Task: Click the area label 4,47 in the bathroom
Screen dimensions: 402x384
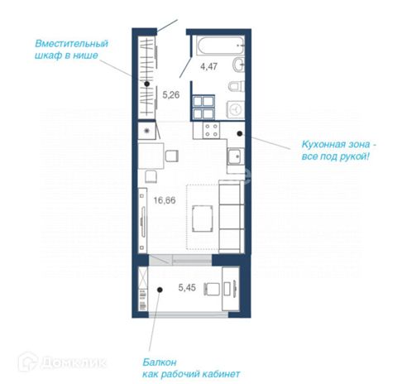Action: (208, 66)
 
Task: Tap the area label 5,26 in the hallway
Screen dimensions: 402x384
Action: (171, 95)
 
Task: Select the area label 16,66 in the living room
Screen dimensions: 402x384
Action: (165, 200)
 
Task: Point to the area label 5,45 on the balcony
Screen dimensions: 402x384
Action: (187, 287)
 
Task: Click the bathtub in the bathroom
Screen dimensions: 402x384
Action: (221, 46)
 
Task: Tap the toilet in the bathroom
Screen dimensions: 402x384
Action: (237, 86)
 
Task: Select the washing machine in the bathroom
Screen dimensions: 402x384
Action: (236, 109)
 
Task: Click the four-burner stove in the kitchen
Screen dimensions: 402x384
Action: (211, 130)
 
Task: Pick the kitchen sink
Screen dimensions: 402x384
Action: (236, 156)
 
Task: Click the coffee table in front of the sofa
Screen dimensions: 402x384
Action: (203, 218)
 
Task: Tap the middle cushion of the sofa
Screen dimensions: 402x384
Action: (230, 217)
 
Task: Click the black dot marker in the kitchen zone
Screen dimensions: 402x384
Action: (240, 133)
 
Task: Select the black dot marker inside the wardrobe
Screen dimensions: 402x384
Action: (147, 84)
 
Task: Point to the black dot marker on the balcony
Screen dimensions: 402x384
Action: (160, 290)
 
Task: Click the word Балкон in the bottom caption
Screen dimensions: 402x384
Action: (160, 362)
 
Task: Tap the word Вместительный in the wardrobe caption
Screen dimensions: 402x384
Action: (72, 44)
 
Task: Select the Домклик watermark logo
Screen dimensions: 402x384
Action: (63, 362)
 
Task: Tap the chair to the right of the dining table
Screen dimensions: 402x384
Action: (171, 156)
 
